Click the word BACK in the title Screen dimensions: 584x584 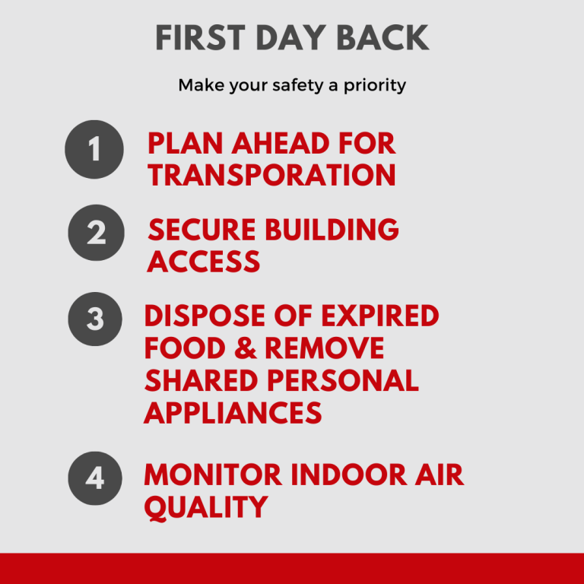click(x=383, y=37)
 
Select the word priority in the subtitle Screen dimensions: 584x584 click(x=375, y=86)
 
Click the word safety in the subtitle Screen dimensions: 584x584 click(x=298, y=86)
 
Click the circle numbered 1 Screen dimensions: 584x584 click(x=94, y=149)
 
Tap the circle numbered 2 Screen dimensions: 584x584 click(x=96, y=233)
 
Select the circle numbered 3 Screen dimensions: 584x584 click(x=95, y=319)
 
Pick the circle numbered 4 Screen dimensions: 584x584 click(x=95, y=478)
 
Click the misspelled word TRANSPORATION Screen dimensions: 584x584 click(x=271, y=175)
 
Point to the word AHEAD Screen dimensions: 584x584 click(x=280, y=144)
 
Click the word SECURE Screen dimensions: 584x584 click(x=202, y=230)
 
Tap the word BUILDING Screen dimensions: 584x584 click(x=332, y=230)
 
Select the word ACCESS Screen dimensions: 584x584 click(x=203, y=262)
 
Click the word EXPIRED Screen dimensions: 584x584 click(x=380, y=316)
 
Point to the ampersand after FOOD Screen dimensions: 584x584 click(x=246, y=348)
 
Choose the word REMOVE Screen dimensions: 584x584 click(x=325, y=348)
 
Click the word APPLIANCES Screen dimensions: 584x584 click(x=233, y=413)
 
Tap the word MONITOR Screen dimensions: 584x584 click(x=213, y=474)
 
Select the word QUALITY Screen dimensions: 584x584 click(x=206, y=508)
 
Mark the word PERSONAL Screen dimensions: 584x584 click(x=343, y=381)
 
